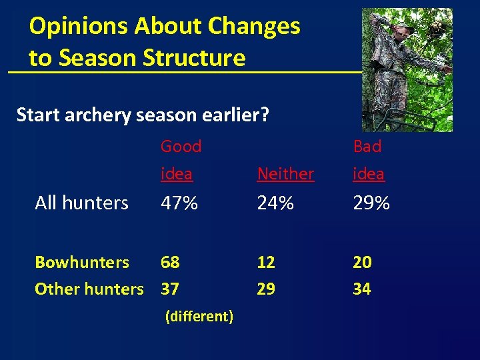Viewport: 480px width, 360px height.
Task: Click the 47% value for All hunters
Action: pos(179,203)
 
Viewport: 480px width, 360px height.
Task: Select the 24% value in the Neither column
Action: pos(275,203)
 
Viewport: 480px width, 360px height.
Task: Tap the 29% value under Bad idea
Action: pos(371,203)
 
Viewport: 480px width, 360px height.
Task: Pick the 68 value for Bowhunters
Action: pos(170,262)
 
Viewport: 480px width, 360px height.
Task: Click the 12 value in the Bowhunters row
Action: pos(266,262)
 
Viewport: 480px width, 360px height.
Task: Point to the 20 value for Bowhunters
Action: pos(362,262)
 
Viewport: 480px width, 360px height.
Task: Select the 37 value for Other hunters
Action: pos(170,289)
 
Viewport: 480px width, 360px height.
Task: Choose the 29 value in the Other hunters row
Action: pos(266,289)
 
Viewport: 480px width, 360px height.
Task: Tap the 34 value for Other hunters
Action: pos(362,289)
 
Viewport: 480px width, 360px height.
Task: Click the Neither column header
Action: pos(285,174)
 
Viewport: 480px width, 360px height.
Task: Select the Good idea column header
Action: pos(180,160)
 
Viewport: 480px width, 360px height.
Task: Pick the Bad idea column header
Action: pos(368,160)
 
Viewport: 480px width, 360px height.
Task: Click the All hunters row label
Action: pos(81,203)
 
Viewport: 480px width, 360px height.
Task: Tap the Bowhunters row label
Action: pos(82,262)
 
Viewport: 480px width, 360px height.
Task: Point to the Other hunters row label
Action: pos(89,289)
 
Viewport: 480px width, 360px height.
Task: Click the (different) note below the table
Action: pos(199,317)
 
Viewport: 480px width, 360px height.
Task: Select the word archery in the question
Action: pos(97,115)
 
